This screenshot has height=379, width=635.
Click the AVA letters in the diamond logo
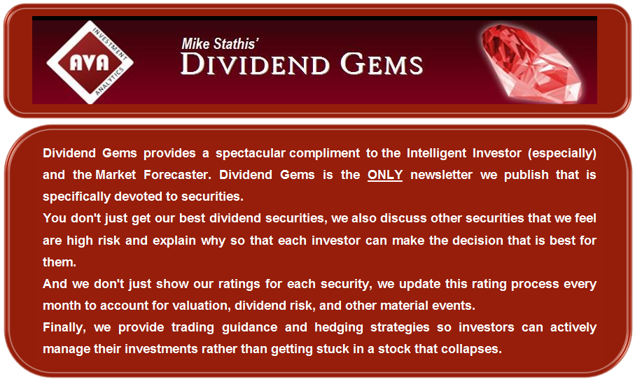point(89,62)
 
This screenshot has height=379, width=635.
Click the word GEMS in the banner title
point(381,64)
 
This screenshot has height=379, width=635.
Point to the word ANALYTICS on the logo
point(109,81)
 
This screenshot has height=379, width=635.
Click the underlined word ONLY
point(385,175)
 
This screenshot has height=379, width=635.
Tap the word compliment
point(324,153)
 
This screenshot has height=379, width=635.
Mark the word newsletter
point(441,175)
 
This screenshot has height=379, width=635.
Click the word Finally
point(64,327)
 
